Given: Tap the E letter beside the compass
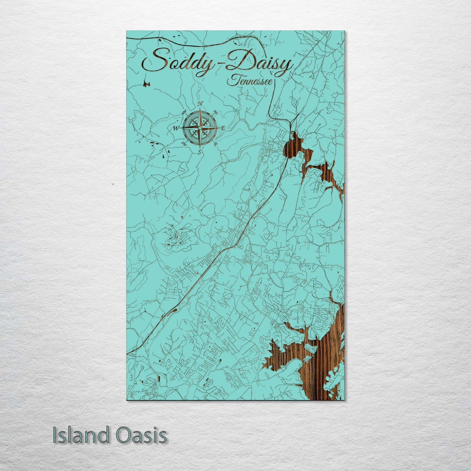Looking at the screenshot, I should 223,128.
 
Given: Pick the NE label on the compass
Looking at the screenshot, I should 215,113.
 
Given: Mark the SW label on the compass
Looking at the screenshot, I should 184,143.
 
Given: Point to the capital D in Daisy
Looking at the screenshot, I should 238,62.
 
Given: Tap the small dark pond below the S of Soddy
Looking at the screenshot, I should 146,84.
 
